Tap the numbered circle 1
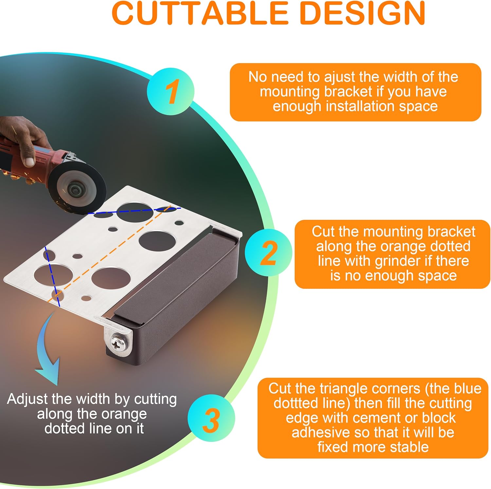171,91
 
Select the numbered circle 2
268,253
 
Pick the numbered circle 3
211,418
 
